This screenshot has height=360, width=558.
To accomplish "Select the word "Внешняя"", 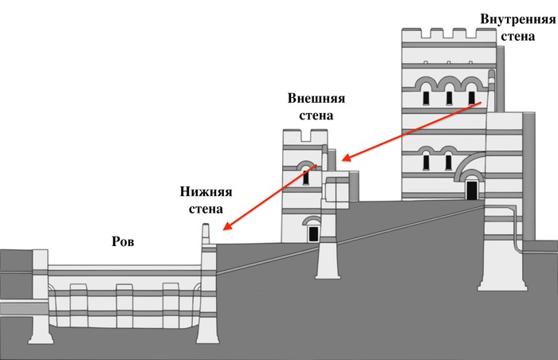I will point(316,98).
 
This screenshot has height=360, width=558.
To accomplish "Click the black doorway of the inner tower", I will point(472,190).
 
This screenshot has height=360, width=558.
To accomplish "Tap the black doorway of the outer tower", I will point(313,233).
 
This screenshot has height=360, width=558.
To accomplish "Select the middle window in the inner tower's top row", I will point(449,97).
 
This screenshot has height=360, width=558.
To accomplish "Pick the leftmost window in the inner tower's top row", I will point(426,97).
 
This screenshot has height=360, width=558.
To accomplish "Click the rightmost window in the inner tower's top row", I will point(471,97).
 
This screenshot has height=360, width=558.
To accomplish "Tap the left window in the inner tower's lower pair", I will point(426,161).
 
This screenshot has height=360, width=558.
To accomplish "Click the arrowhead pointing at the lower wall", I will point(227,227).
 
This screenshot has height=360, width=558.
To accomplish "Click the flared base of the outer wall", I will point(328,267).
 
